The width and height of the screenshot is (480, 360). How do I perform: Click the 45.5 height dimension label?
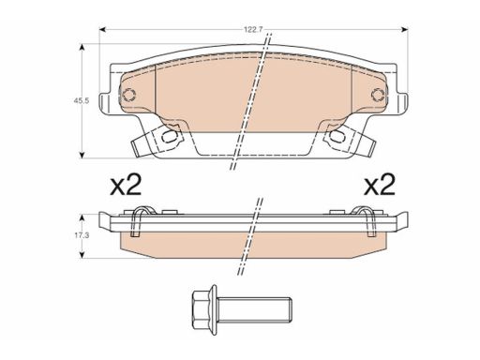82,100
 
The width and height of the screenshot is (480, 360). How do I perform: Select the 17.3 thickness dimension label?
82,235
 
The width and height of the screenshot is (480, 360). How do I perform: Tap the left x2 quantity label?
126,185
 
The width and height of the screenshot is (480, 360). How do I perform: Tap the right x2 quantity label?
380,185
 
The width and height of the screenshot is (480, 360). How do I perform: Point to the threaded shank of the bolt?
254,309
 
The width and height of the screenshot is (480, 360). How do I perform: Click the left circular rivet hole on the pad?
128,95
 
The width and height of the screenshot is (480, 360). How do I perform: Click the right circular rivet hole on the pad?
378,95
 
